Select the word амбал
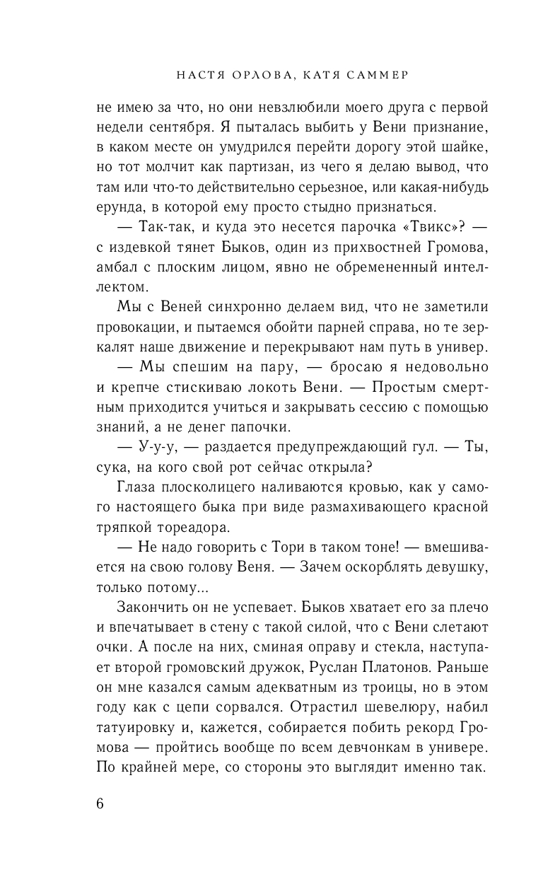point(114,267)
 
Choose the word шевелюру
point(385,707)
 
